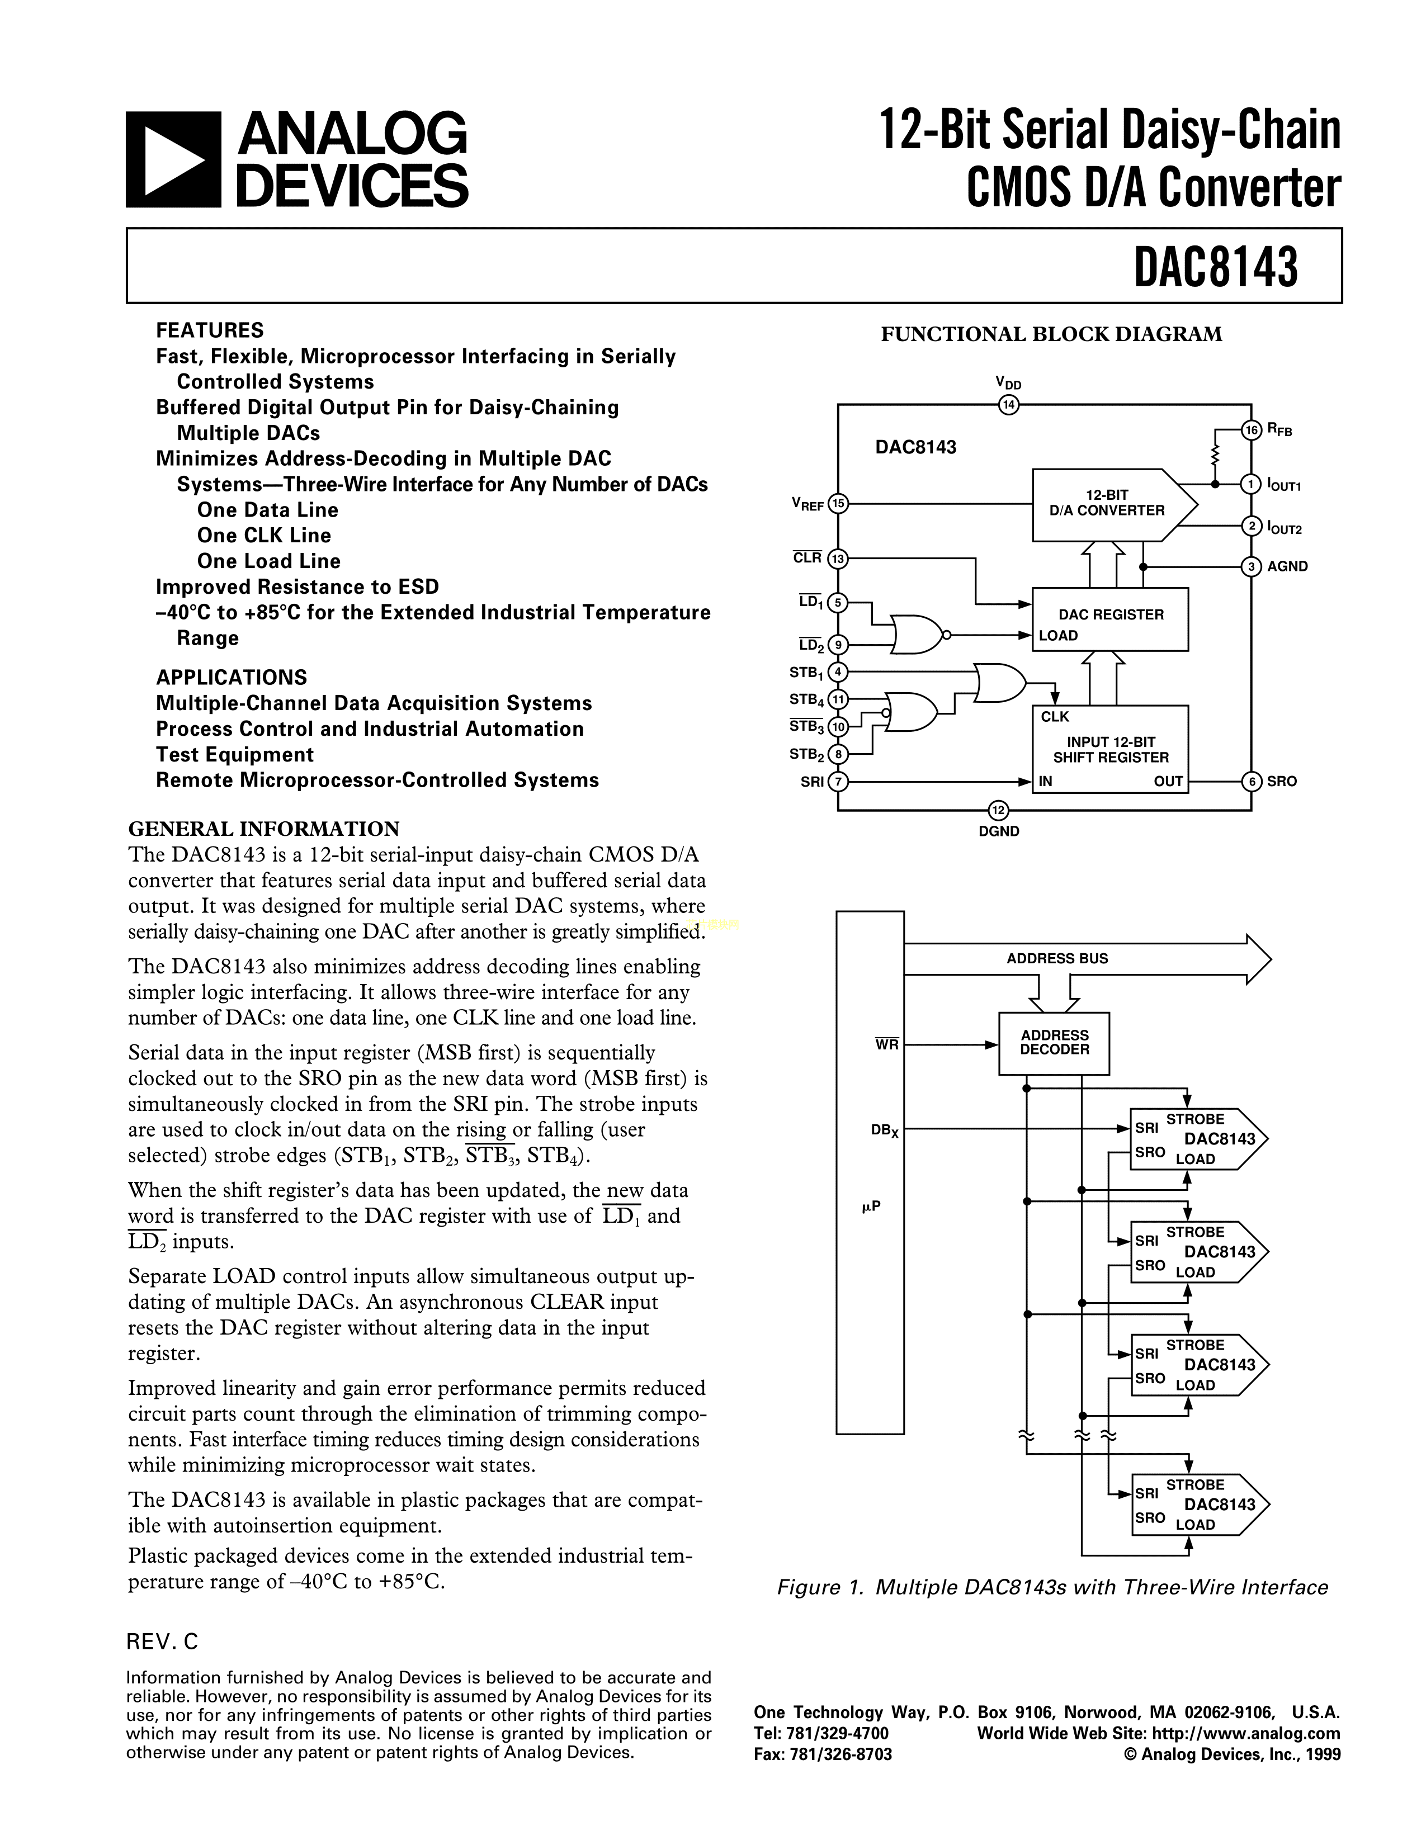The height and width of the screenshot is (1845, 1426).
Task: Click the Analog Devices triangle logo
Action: coord(174,160)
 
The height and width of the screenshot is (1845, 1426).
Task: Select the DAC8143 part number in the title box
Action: coord(1215,267)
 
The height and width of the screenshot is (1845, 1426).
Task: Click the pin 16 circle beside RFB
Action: coord(1251,430)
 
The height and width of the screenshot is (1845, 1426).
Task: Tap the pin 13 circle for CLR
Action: coord(838,559)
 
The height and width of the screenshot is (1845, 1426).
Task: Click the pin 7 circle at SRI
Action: coord(838,782)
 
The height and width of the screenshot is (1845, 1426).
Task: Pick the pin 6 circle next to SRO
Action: coord(1251,782)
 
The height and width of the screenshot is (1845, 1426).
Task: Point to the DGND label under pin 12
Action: coord(999,831)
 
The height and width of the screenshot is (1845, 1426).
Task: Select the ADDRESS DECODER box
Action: coord(1054,1043)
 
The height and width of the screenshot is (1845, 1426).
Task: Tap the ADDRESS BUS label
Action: coord(1057,958)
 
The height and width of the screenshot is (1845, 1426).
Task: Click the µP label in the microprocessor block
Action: coord(871,1207)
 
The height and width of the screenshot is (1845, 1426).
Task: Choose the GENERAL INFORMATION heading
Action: coord(263,828)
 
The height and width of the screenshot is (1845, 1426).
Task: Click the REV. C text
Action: coord(162,1640)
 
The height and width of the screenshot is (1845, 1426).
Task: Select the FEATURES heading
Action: coord(210,330)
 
